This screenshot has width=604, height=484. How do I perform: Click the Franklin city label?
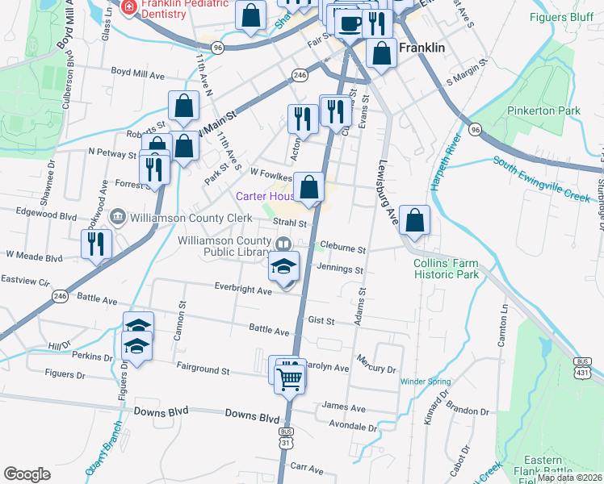[422, 48]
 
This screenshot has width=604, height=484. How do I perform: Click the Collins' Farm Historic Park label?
[447, 269]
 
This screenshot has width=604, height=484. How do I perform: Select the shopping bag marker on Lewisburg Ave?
[414, 221]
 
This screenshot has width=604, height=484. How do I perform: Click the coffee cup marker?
[349, 23]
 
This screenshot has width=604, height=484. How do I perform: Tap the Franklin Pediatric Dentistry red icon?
[127, 8]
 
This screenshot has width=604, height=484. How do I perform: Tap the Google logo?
[27, 474]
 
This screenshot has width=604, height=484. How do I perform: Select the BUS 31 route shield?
[286, 438]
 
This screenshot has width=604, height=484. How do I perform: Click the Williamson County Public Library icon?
[283, 244]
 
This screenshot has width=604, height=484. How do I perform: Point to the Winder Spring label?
[423, 382]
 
